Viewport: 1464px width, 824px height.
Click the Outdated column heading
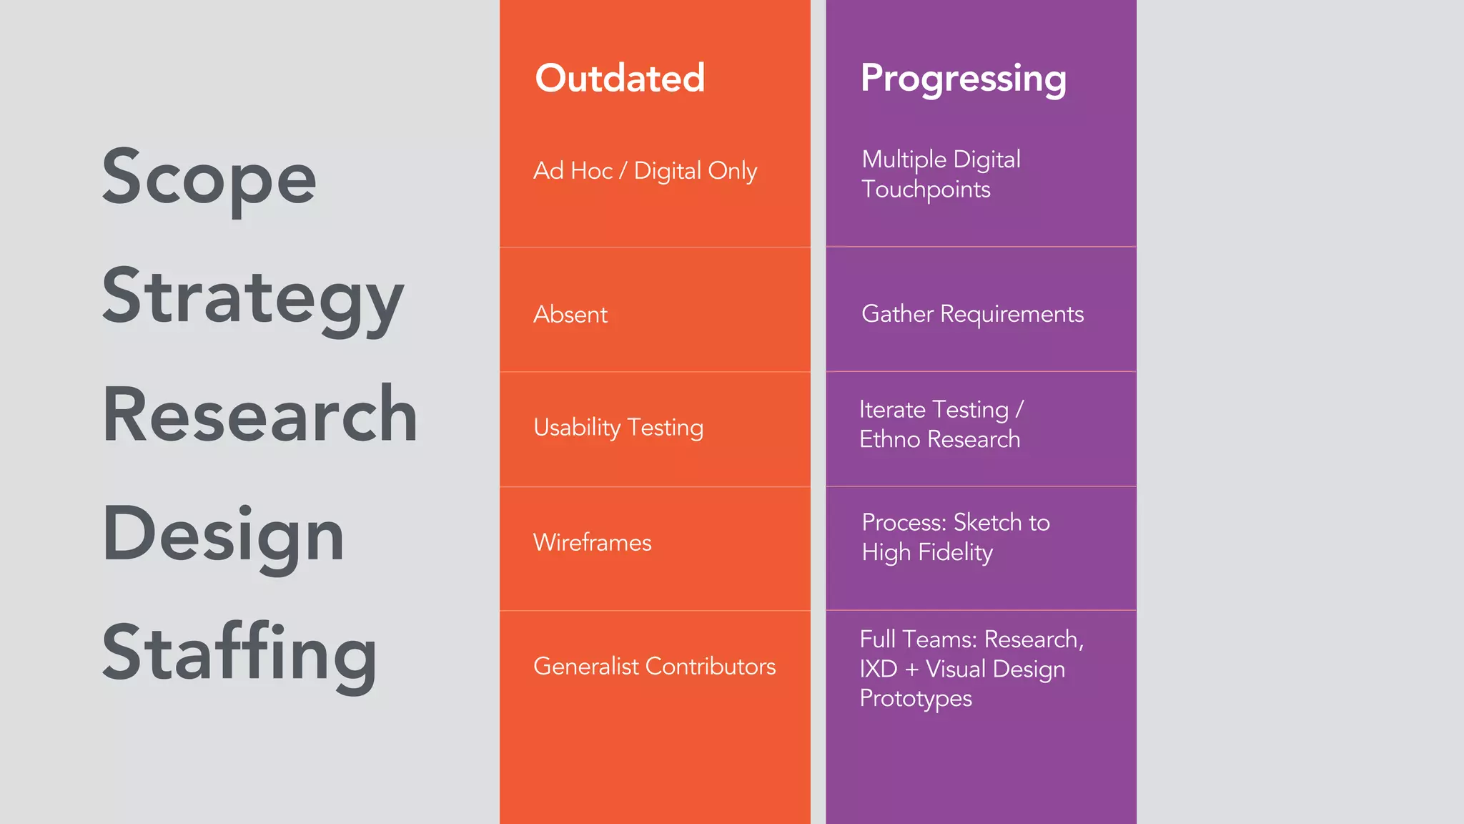(x=620, y=78)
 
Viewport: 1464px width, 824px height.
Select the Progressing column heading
(x=963, y=79)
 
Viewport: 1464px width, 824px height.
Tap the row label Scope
(x=209, y=177)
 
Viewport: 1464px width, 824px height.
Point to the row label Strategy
(x=253, y=297)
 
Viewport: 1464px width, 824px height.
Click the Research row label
(x=260, y=415)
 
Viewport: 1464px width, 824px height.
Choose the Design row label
(x=223, y=534)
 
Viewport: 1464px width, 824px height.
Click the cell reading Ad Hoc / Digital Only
(x=645, y=171)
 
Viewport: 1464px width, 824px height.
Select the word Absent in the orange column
(x=570, y=315)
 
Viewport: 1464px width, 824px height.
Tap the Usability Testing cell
(x=618, y=428)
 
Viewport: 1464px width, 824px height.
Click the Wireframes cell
(x=592, y=543)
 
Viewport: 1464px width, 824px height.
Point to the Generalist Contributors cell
(x=654, y=667)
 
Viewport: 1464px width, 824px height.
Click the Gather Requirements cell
(x=972, y=314)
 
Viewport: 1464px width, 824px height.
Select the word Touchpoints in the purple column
(x=926, y=190)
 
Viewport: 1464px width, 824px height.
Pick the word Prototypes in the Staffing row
(x=916, y=698)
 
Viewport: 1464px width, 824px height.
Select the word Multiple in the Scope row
(x=904, y=160)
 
